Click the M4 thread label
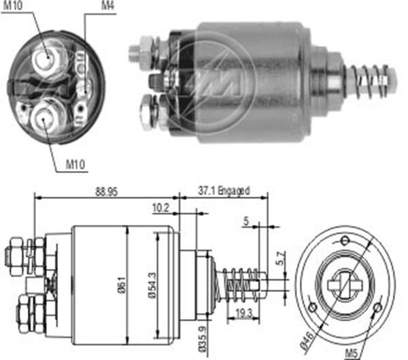[x=107, y=6]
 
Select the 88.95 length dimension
[x=106, y=192]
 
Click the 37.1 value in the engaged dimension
[x=209, y=192]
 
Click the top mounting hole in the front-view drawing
[x=345, y=238]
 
